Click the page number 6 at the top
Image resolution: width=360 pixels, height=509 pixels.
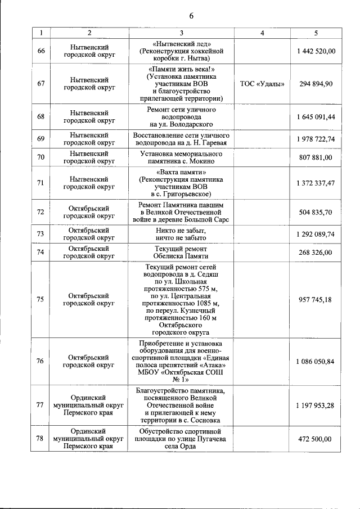191,16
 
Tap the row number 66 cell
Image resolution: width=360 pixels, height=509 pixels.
40,51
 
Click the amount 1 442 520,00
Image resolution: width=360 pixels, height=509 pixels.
316,51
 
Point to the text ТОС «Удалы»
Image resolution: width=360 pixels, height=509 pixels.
262,84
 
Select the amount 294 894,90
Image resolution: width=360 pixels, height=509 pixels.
316,84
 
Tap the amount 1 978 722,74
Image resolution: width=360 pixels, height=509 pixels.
316,139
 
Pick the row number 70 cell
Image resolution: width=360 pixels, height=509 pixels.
40,157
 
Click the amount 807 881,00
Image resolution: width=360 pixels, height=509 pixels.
316,157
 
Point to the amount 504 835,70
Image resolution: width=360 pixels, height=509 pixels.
316,212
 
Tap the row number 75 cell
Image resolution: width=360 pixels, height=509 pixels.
40,300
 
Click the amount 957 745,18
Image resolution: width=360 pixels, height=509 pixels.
316,300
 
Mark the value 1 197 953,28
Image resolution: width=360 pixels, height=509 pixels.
316,404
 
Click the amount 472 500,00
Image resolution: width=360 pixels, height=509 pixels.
316,439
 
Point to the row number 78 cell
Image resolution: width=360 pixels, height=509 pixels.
40,439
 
